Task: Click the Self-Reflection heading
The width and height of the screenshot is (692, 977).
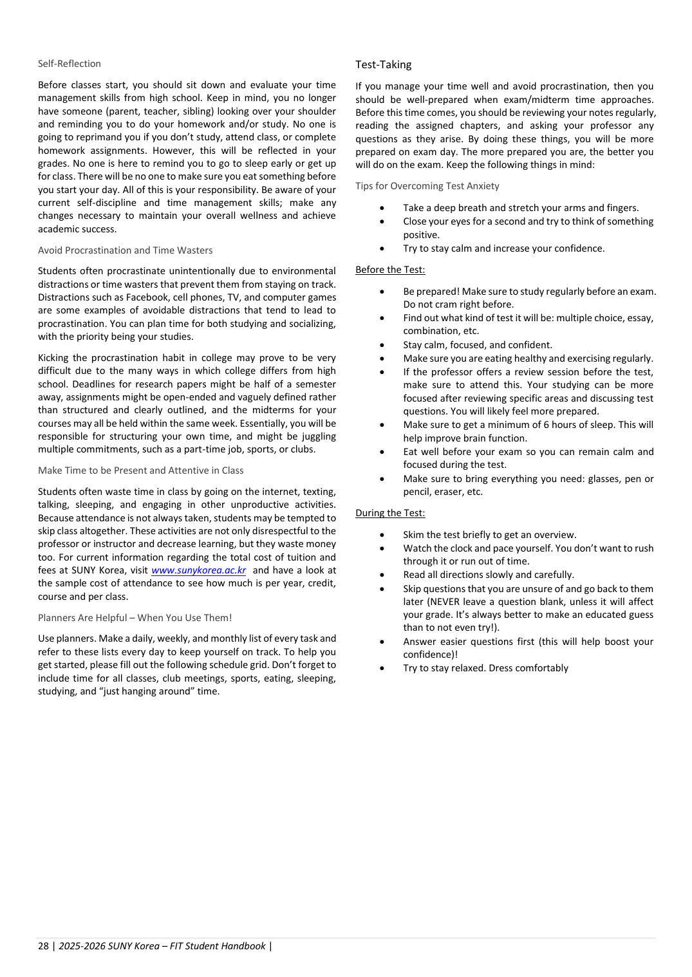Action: (x=70, y=64)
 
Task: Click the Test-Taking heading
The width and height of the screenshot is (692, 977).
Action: (x=383, y=65)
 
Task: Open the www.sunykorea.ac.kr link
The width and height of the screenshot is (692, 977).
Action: (x=198, y=570)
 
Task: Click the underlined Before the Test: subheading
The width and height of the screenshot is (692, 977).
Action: (x=390, y=270)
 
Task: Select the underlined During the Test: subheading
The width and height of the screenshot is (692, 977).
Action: (x=390, y=513)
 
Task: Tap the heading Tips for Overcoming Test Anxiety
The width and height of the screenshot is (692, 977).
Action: (x=427, y=186)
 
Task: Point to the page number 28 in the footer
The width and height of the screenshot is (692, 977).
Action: (x=43, y=946)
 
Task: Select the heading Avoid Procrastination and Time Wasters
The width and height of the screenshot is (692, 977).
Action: (x=125, y=250)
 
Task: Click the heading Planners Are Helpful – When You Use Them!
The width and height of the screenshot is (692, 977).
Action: (x=135, y=618)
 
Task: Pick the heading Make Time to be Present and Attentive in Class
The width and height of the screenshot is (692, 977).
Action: (x=140, y=470)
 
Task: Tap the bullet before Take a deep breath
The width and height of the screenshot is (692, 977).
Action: (x=382, y=208)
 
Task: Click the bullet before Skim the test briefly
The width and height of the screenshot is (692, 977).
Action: (x=382, y=535)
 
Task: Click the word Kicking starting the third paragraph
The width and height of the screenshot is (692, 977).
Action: (x=52, y=358)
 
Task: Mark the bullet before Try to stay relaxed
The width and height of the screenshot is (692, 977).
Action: (x=382, y=668)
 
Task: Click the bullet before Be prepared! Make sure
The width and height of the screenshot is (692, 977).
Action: (x=382, y=292)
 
